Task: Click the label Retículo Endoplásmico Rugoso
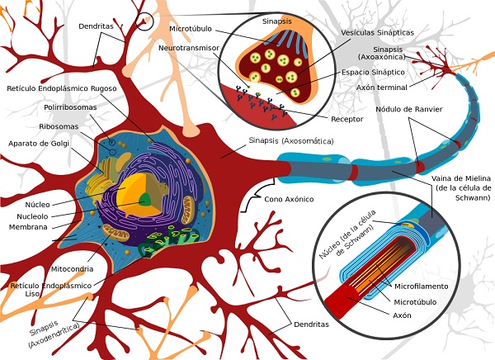coord(64,88)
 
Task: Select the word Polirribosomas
coord(70,108)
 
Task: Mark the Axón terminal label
coord(382,86)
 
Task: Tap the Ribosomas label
coord(59,126)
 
